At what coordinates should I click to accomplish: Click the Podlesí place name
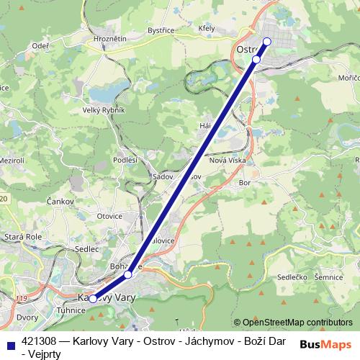[125, 160]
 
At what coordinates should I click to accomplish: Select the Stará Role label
[24, 235]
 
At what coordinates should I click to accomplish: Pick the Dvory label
[27, 317]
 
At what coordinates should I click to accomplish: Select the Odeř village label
[40, 45]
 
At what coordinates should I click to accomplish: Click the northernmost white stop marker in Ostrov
[266, 42]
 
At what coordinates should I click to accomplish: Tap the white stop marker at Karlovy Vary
[93, 298]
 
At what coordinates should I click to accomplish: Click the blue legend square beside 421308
[9, 342]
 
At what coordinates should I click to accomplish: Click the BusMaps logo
[325, 344]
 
